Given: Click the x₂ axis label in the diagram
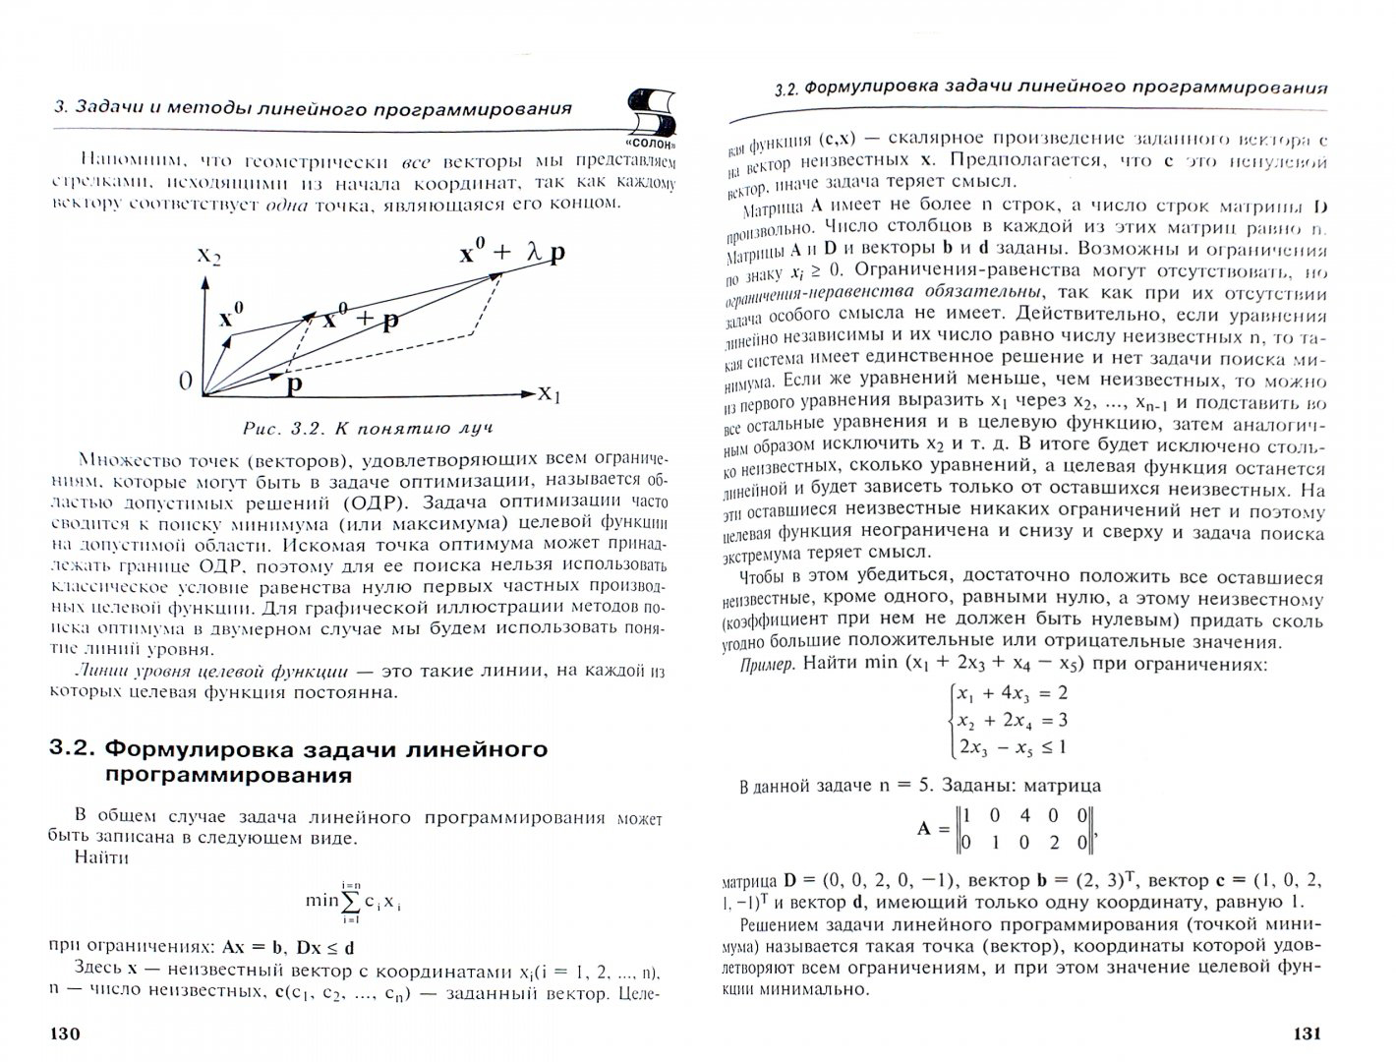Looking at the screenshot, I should click(208, 256).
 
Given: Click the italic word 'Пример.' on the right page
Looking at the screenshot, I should click(768, 665).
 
